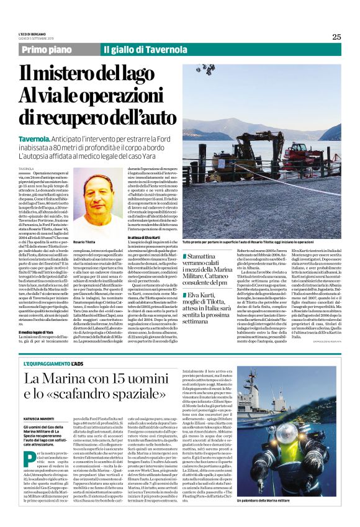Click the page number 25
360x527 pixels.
point(336,37)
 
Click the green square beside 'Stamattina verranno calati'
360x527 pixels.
point(184,256)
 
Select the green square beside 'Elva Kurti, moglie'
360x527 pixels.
point(184,292)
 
